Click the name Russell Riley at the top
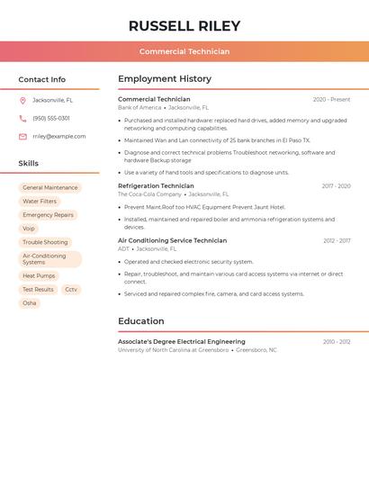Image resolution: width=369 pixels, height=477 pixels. (x=184, y=25)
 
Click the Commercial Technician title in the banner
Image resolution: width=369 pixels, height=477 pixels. (x=184, y=51)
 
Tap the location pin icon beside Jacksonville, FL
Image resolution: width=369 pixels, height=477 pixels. (x=22, y=100)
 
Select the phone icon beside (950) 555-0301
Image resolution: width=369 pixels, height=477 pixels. (x=22, y=118)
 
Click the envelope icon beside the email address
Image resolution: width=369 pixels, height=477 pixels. (x=22, y=137)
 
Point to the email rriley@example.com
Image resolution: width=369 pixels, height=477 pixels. (x=58, y=137)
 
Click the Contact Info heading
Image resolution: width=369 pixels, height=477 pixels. (x=41, y=79)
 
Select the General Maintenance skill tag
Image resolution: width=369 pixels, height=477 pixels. (x=50, y=188)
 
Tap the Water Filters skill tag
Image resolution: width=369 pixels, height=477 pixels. (x=40, y=202)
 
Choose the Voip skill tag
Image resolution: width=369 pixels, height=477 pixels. (x=29, y=229)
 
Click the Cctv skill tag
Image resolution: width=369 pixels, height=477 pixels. (x=71, y=290)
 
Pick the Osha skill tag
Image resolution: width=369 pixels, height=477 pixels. (x=30, y=303)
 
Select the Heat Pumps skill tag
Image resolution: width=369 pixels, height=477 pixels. (x=39, y=276)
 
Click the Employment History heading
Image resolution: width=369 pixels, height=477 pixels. (x=165, y=79)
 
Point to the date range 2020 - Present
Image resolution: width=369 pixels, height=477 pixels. (x=331, y=100)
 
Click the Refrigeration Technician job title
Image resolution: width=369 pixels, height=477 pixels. (x=156, y=186)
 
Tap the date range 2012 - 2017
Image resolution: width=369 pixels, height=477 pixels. (x=337, y=241)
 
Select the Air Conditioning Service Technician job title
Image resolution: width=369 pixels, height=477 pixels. (x=172, y=241)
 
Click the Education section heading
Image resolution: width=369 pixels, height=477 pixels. (x=141, y=321)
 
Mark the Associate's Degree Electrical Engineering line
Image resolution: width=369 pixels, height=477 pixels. (x=182, y=342)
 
